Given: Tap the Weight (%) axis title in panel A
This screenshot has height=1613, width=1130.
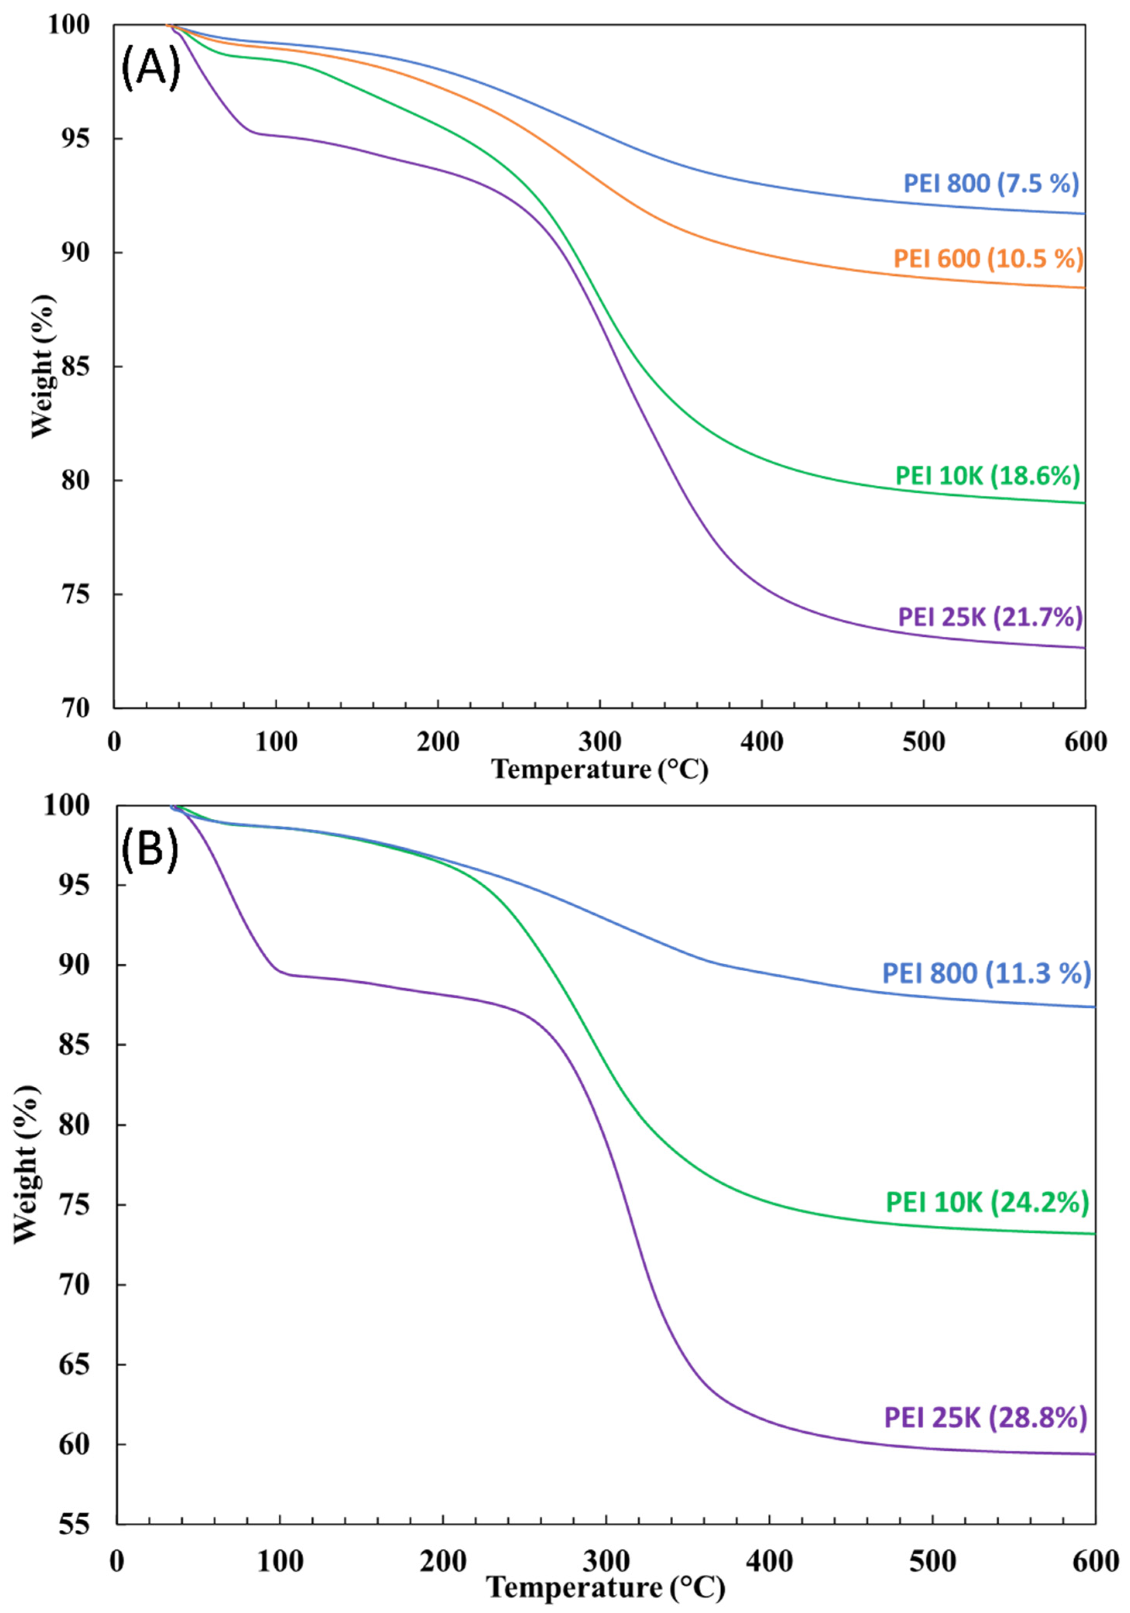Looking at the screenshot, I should pos(42,365).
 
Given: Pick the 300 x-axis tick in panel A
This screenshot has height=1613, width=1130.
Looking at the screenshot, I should pos(600,742).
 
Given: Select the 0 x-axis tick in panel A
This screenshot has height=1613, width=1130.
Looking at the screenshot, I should pos(115,742).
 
